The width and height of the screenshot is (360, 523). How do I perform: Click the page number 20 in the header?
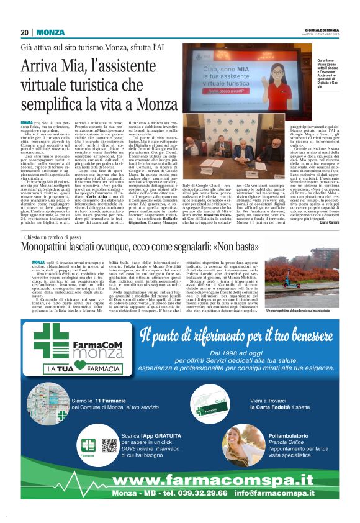point(25,32)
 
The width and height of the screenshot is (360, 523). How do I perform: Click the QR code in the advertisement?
point(109,445)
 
